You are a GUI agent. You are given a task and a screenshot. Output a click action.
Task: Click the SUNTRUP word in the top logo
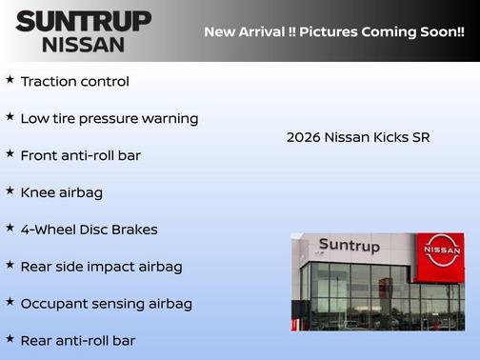83,21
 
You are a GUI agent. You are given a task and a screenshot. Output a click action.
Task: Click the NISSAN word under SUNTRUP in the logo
83,44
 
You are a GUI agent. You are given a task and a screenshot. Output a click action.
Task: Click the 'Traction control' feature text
74,82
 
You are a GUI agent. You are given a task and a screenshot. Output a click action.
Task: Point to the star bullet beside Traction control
10,80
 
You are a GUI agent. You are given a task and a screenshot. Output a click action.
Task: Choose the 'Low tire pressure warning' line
109,119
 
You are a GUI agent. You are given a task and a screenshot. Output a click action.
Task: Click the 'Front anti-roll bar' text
80,155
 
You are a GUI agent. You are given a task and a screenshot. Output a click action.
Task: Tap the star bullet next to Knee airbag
10,190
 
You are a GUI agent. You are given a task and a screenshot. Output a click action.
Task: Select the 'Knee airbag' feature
61,192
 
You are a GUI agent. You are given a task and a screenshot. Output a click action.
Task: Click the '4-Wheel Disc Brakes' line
89,230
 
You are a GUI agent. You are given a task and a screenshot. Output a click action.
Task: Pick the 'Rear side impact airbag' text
101,267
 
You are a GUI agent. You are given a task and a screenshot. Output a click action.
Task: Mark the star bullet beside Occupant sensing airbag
10,302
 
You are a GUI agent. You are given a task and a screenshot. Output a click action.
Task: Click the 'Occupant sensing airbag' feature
106,304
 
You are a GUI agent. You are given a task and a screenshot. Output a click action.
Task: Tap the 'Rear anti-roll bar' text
77,340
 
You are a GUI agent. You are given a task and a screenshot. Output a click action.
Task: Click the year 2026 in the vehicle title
303,137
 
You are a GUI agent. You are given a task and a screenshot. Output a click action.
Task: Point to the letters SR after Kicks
420,137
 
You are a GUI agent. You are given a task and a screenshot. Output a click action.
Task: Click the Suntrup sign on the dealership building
349,247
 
